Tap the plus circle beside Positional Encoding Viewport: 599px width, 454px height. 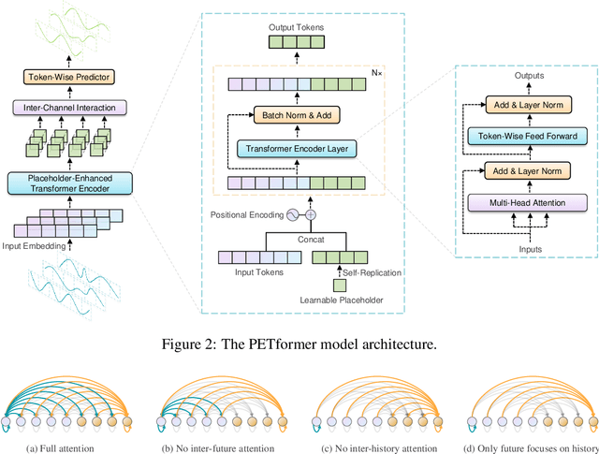click(x=311, y=214)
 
